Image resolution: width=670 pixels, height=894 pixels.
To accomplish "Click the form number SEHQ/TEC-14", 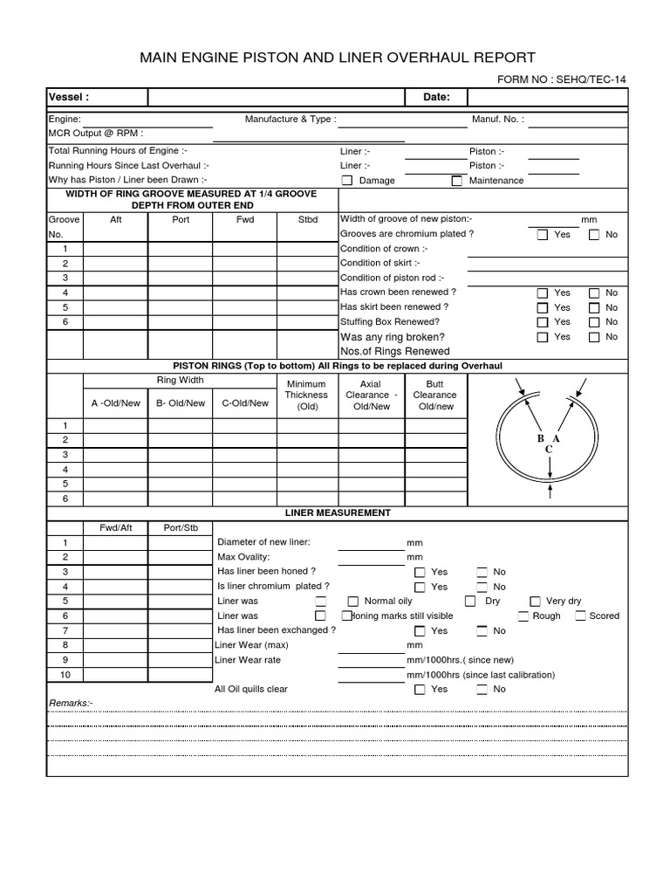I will (x=561, y=79).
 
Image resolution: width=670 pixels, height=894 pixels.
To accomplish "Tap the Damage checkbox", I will (x=346, y=181).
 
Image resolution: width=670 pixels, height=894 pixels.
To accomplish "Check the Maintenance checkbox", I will (x=456, y=181).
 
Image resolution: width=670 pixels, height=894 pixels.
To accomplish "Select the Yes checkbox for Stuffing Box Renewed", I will (x=542, y=322).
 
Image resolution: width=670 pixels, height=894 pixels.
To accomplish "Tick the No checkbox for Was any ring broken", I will (x=594, y=337).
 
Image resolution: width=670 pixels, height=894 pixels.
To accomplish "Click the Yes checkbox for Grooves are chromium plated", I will (x=542, y=235).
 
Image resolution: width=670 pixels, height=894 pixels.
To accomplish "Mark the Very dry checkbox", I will (x=536, y=602).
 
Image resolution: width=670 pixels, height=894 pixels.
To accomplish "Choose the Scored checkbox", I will (x=580, y=616).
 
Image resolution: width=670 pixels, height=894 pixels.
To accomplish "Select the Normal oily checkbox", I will (x=353, y=602).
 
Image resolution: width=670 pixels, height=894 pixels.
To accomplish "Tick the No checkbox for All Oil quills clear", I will (x=482, y=690).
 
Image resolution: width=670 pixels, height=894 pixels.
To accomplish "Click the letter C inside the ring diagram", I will (x=549, y=450).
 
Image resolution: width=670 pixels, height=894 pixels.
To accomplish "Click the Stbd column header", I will (x=308, y=220).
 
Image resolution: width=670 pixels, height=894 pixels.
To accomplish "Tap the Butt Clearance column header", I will (x=434, y=395).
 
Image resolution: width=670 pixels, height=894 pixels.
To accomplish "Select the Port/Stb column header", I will (x=181, y=527).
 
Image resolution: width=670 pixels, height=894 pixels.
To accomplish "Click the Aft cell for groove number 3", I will (x=116, y=278).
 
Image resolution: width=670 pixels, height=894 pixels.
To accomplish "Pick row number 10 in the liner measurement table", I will (x=65, y=675).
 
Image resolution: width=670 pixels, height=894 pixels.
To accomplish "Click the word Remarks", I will (x=70, y=703).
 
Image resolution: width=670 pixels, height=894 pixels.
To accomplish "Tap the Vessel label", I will (x=69, y=97).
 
